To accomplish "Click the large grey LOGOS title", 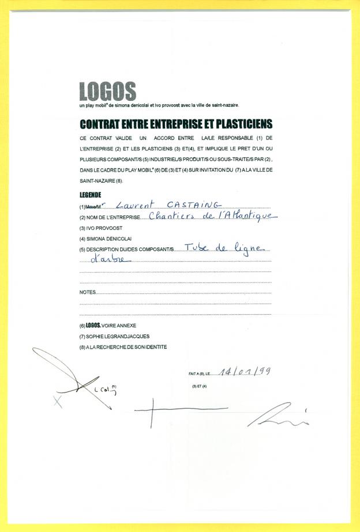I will pos(107,91).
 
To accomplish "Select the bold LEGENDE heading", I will pos(91,195).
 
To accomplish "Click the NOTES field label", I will pos(87,292).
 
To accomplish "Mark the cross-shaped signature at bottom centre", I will pos(152,410).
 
